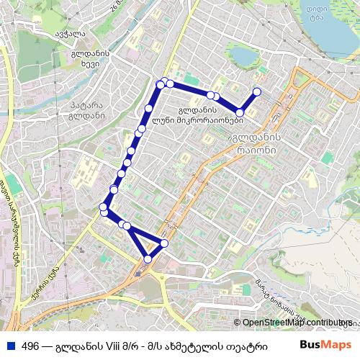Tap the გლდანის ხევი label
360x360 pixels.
pos(90,59)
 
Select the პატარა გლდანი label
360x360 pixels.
pos(85,111)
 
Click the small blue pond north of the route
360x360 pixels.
pos(243,56)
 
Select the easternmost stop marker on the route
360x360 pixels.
pos(256,92)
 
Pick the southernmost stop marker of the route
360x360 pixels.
pos(148,258)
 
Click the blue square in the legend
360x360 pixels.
pos(10,346)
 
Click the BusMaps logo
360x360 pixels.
pos(325,346)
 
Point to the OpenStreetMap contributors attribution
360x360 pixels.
pos(296,323)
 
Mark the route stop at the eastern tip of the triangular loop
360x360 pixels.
pos(165,243)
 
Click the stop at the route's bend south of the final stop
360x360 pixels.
pos(240,112)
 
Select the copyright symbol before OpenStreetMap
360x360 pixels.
pos(237,323)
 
